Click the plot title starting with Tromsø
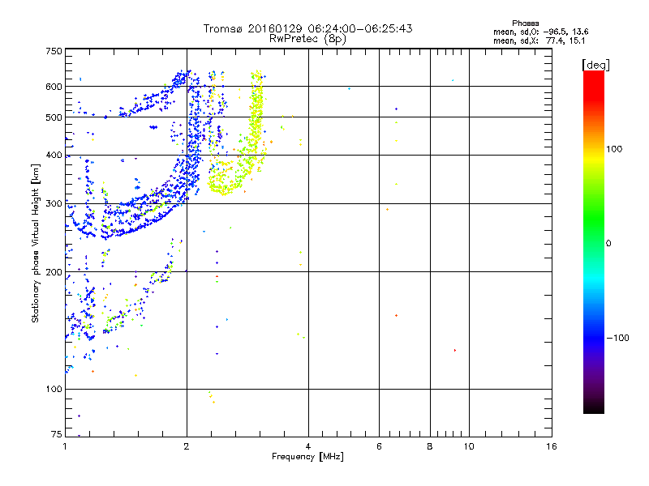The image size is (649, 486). click(308, 28)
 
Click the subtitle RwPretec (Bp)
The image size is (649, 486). click(308, 38)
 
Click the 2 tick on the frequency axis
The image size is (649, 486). click(187, 446)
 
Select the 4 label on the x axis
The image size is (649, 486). click(308, 446)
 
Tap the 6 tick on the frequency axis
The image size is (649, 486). click(379, 446)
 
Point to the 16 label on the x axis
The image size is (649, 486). click(551, 446)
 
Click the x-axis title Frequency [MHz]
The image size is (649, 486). click(308, 458)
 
